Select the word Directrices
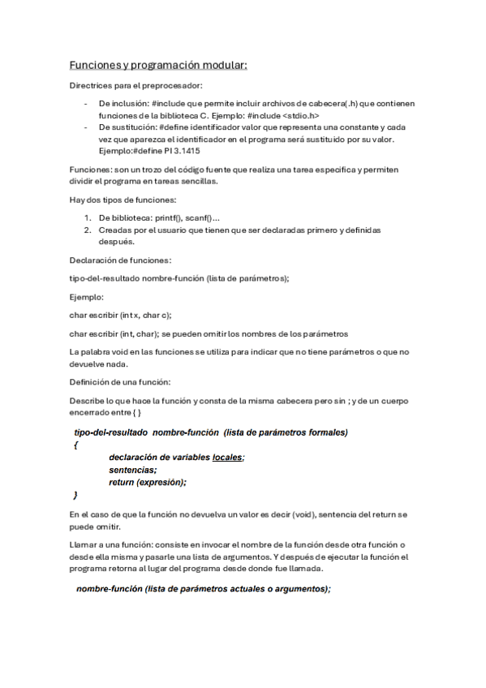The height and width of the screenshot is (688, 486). tap(89, 85)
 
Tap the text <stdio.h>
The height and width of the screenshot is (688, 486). tap(307, 115)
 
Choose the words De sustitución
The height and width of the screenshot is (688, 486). tap(127, 127)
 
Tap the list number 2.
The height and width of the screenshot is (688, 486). tap(88, 230)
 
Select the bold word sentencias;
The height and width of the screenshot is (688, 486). tap(133, 470)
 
